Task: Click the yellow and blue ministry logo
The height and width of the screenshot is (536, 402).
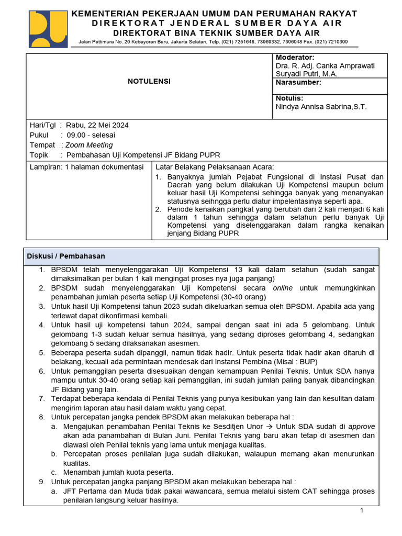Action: (x=48, y=29)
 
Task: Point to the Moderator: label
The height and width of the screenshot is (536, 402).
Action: (x=295, y=57)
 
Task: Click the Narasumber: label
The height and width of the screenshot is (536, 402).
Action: (x=298, y=82)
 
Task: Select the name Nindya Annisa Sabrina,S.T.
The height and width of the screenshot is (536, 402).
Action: (x=321, y=107)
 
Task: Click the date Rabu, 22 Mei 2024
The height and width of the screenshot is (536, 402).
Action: (x=97, y=125)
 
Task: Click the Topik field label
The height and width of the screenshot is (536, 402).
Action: (x=39, y=155)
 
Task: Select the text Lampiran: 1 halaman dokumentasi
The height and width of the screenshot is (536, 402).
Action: (x=86, y=167)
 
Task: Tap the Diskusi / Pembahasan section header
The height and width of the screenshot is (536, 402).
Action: (x=66, y=256)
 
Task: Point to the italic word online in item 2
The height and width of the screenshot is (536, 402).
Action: (x=283, y=288)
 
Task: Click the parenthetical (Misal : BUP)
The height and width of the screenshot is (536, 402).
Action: (x=297, y=362)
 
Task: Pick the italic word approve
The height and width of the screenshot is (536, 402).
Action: (x=362, y=427)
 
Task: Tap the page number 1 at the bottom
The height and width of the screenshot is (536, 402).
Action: (x=361, y=510)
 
